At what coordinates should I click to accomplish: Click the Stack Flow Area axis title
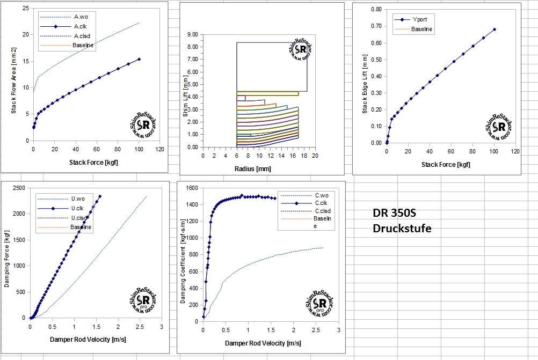click(14, 87)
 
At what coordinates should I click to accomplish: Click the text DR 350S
click(394, 213)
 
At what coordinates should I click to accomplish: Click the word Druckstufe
click(402, 229)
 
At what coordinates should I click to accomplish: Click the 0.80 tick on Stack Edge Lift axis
click(376, 9)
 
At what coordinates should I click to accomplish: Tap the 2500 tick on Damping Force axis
click(19, 187)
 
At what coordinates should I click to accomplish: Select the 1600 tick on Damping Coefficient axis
click(192, 188)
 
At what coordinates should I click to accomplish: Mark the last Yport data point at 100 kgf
click(494, 30)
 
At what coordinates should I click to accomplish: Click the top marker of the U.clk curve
click(100, 196)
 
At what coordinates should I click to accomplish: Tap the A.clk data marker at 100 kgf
click(139, 60)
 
